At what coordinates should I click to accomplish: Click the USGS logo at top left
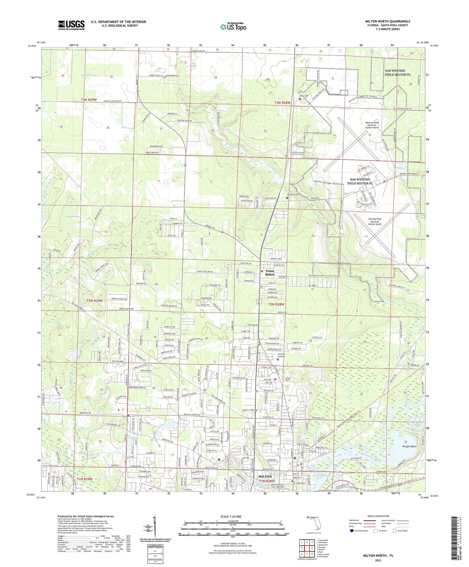[x=71, y=25]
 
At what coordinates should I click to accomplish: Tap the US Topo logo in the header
[x=233, y=27]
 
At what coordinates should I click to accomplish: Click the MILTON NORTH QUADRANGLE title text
[x=388, y=21]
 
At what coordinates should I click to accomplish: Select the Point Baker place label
[x=270, y=273]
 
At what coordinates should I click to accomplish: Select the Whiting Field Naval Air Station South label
[x=375, y=221]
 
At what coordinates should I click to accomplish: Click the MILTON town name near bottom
[x=265, y=477]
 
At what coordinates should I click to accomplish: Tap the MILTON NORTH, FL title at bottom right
[x=378, y=556]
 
